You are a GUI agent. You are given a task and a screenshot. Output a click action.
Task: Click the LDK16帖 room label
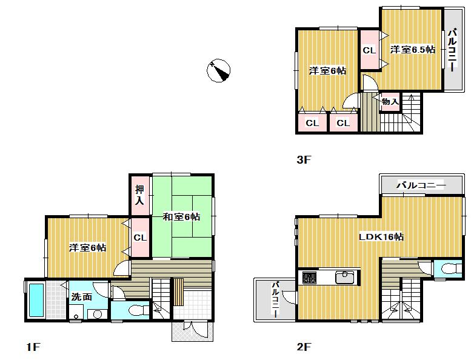click(x=381, y=237)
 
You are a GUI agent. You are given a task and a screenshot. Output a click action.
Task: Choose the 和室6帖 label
click(x=181, y=216)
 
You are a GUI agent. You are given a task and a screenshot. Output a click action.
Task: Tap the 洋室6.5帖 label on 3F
click(x=412, y=50)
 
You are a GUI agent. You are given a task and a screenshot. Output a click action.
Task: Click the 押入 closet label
click(x=139, y=195)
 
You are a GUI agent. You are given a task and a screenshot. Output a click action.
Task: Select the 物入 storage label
click(x=390, y=102)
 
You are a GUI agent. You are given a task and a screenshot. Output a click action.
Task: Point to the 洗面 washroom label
click(x=82, y=298)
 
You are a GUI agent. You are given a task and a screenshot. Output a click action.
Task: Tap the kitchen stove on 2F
click(x=309, y=278)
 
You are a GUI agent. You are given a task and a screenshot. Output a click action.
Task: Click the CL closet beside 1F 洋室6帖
click(x=139, y=238)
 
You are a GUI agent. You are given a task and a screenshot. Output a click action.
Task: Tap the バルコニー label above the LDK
click(x=421, y=185)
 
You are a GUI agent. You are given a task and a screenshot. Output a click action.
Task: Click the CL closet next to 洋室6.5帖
click(x=369, y=50)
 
